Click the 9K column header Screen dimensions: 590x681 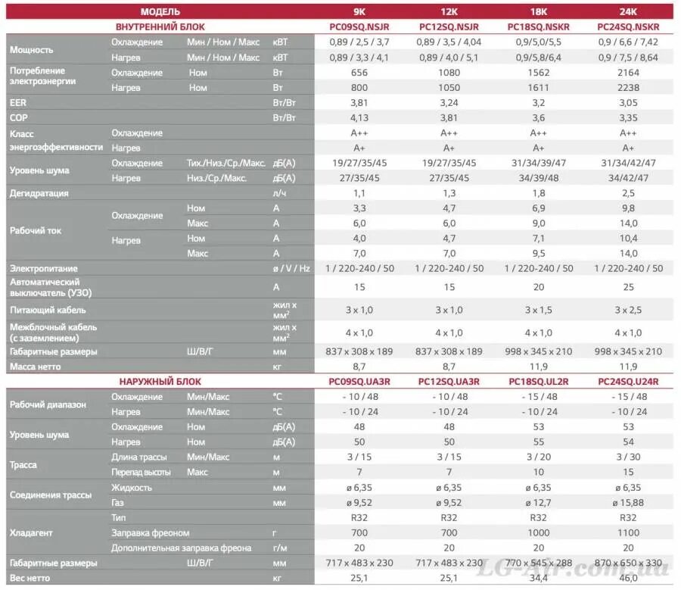click(359, 11)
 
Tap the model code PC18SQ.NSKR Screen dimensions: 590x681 click(539, 27)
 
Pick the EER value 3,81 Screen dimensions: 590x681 click(359, 102)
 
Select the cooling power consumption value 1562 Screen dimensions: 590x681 click(539, 73)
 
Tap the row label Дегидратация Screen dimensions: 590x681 click(39, 193)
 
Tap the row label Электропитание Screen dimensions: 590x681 click(44, 268)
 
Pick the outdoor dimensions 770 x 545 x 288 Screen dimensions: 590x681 click(539, 563)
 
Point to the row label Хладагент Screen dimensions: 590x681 click(31, 532)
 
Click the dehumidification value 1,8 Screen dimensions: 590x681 click(539, 193)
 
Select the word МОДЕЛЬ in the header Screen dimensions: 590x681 click(160, 11)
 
